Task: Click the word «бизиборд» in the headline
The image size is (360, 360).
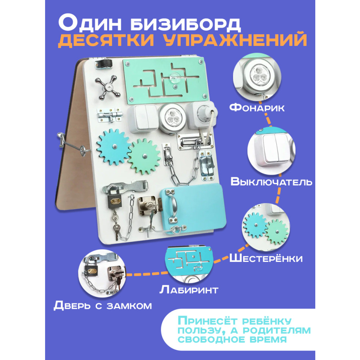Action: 186,24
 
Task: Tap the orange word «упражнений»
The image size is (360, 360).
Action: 236,41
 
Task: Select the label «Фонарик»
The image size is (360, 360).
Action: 257,108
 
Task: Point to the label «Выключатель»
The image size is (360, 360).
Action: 271,182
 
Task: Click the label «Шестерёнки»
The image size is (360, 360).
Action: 266,258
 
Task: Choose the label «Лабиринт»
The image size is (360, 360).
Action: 189,290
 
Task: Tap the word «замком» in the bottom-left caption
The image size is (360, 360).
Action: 129,306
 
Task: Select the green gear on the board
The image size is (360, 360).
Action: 144,157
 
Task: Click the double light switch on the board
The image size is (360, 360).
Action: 143,119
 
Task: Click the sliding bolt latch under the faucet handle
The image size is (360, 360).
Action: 109,116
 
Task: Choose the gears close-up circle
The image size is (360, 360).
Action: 266,227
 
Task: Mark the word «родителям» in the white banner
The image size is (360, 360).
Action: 277,330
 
